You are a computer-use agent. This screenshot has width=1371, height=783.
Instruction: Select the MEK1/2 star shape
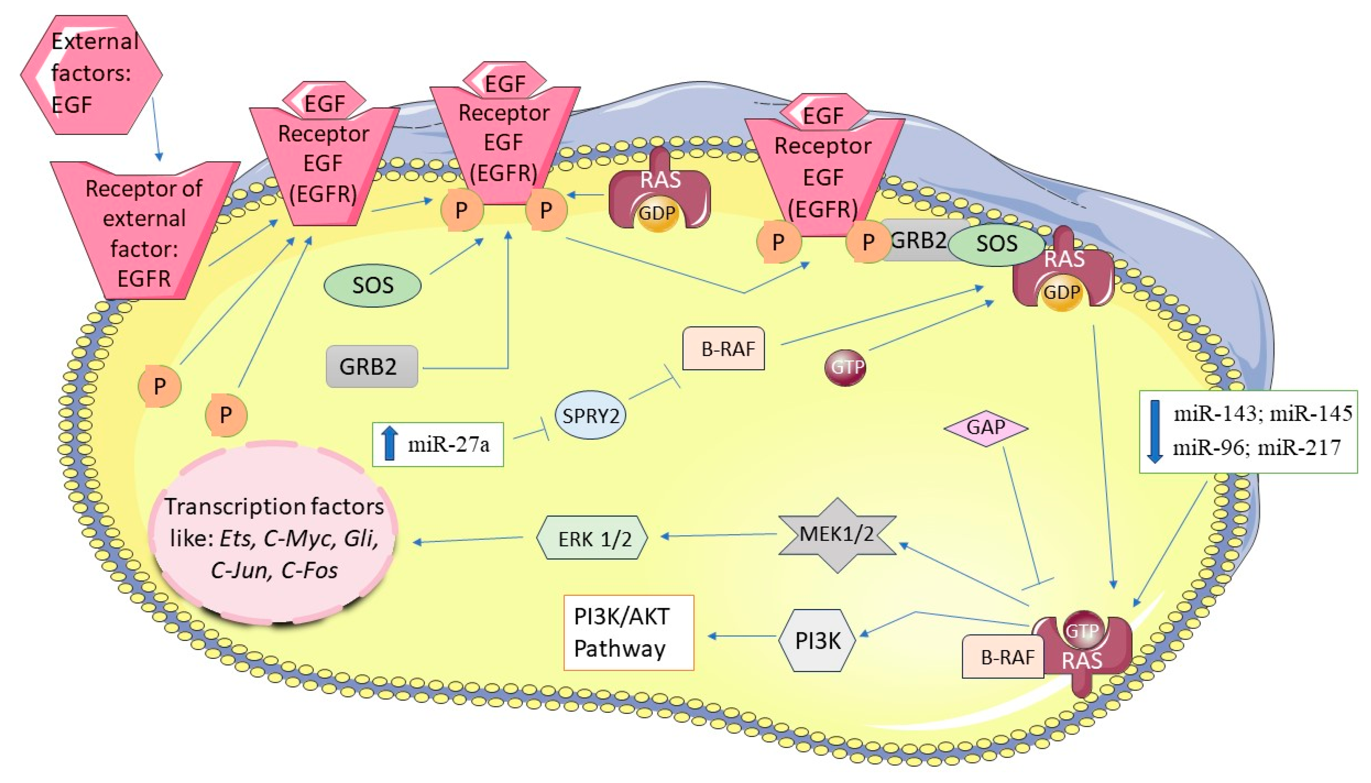[837, 535]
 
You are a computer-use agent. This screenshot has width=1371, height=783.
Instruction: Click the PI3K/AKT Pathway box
[628, 633]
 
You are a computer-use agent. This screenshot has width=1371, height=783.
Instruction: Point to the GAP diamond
[986, 427]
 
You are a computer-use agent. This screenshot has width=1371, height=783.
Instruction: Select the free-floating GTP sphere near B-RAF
[845, 367]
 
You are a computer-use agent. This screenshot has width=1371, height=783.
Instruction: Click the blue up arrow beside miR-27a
[390, 444]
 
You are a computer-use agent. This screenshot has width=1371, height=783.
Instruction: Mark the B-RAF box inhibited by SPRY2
[723, 348]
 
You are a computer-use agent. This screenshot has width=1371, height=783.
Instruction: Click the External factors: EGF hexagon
[91, 74]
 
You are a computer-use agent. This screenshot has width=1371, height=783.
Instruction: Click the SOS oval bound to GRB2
[996, 244]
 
